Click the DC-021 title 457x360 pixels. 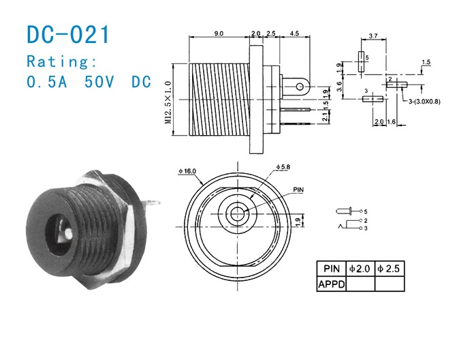(x=67, y=34)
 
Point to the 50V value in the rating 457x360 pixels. (x=99, y=82)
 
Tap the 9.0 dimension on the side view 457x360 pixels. (x=219, y=33)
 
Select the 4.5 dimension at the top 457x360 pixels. (x=294, y=33)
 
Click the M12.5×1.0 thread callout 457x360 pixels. (x=168, y=102)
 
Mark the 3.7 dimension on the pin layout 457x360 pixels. (x=373, y=36)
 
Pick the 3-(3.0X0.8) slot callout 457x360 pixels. (x=424, y=102)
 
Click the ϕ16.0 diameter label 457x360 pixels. (x=187, y=171)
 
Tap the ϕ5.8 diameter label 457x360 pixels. (x=283, y=167)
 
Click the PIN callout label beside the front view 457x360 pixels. (x=298, y=190)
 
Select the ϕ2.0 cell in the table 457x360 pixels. (x=360, y=269)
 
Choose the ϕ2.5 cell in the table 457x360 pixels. (x=389, y=269)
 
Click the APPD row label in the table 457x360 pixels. (x=332, y=284)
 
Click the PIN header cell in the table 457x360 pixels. (x=332, y=269)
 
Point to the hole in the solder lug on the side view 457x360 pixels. (x=300, y=87)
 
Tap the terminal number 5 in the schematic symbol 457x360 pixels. (x=366, y=211)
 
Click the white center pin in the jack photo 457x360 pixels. (x=69, y=232)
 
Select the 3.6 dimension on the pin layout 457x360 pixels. (x=340, y=87)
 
